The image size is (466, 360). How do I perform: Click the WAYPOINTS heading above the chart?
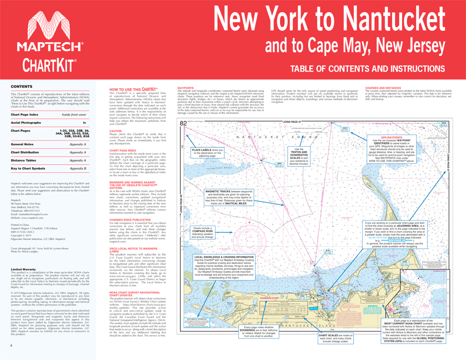[x=186, y=88]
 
